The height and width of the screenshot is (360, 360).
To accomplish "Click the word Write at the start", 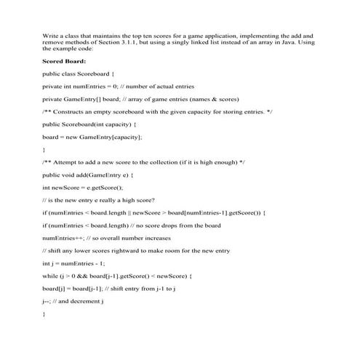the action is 51,34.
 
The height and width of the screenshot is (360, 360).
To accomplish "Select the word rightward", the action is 119,249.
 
